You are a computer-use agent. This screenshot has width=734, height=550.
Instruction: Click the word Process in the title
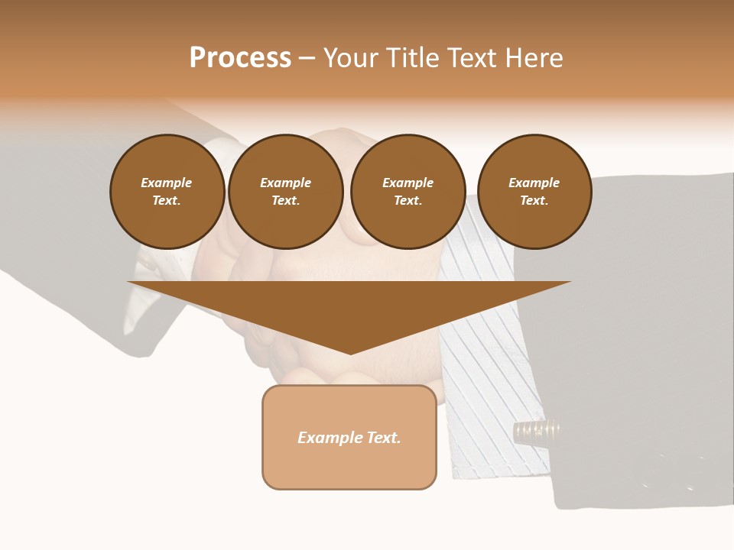[x=240, y=58]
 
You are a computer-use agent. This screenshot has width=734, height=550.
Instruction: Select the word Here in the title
[x=534, y=58]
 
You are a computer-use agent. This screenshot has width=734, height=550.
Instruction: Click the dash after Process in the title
[x=307, y=59]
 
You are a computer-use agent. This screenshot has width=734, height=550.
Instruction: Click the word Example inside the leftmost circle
[x=167, y=183]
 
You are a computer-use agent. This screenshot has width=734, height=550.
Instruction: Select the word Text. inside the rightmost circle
[x=534, y=201]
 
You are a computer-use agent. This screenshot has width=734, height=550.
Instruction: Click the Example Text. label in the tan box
[x=349, y=438]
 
